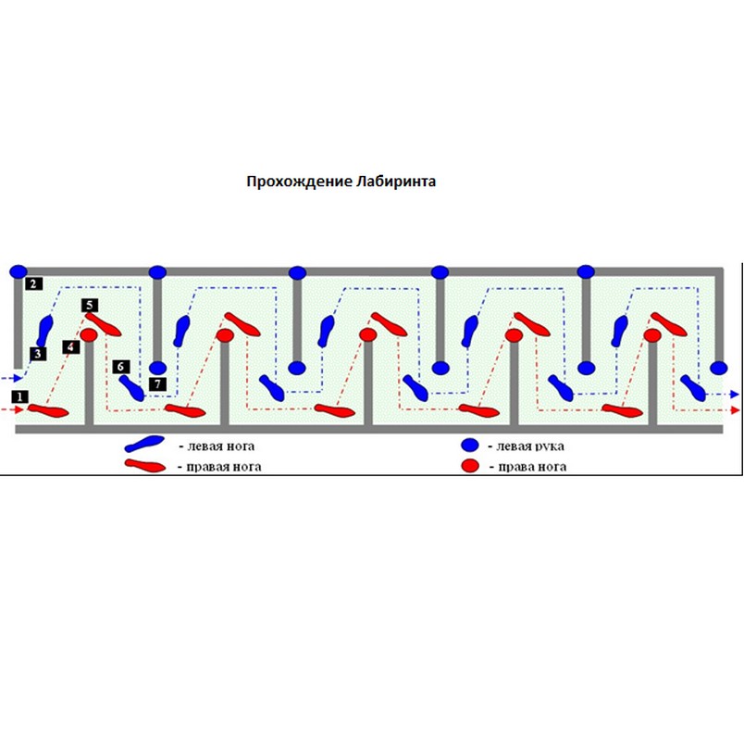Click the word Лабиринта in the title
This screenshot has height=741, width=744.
[395, 182]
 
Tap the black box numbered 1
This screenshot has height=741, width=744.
[19, 396]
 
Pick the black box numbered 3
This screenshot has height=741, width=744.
[38, 353]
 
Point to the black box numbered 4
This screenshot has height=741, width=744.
[71, 347]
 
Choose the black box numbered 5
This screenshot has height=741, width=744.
[89, 304]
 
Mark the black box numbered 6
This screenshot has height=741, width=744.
[121, 367]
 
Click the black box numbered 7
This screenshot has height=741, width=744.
[157, 383]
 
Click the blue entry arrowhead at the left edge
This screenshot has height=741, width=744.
[9, 378]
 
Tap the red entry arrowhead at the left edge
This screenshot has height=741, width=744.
[9, 408]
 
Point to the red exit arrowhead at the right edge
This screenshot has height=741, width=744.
[734, 408]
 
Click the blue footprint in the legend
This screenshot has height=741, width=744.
[147, 446]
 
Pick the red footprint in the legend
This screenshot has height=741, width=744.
[147, 465]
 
